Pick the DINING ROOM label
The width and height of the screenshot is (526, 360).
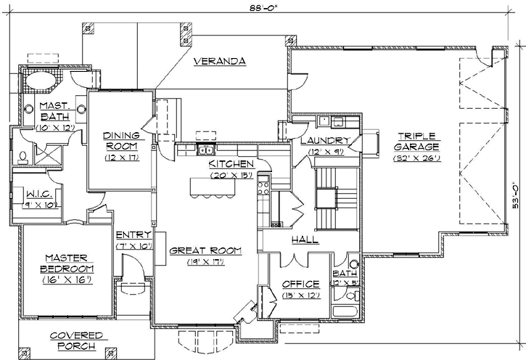(x=120, y=140)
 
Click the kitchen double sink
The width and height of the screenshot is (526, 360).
(x=206, y=150)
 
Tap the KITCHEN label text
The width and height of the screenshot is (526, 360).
(x=231, y=164)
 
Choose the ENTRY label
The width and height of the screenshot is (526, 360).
(x=133, y=235)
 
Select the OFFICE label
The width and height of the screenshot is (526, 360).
(x=301, y=284)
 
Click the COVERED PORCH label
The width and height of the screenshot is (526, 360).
(x=77, y=340)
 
